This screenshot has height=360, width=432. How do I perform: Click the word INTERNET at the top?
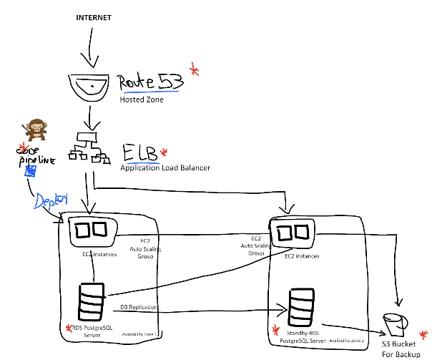click(94, 16)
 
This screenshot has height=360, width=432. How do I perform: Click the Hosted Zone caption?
click(142, 100)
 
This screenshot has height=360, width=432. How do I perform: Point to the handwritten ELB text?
click(139, 154)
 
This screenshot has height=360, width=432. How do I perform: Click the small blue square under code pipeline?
click(31, 170)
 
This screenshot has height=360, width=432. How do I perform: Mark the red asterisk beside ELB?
click(164, 152)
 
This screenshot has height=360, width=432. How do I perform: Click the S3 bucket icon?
click(393, 323)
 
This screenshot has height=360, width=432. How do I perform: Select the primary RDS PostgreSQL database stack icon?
click(92, 302)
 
